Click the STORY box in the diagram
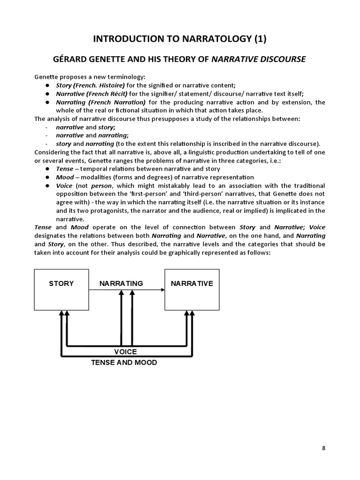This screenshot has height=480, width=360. (61, 289)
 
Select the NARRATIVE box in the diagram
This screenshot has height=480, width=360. (192, 289)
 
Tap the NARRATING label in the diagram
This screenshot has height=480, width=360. (121, 284)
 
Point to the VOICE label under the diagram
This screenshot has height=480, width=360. (126, 352)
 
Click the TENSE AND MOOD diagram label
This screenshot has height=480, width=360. (124, 363)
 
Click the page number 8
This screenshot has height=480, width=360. (323, 448)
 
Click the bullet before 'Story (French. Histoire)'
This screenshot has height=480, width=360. (48, 85)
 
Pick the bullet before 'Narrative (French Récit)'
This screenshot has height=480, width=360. (48, 94)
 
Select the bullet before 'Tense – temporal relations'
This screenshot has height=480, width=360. (48, 169)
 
